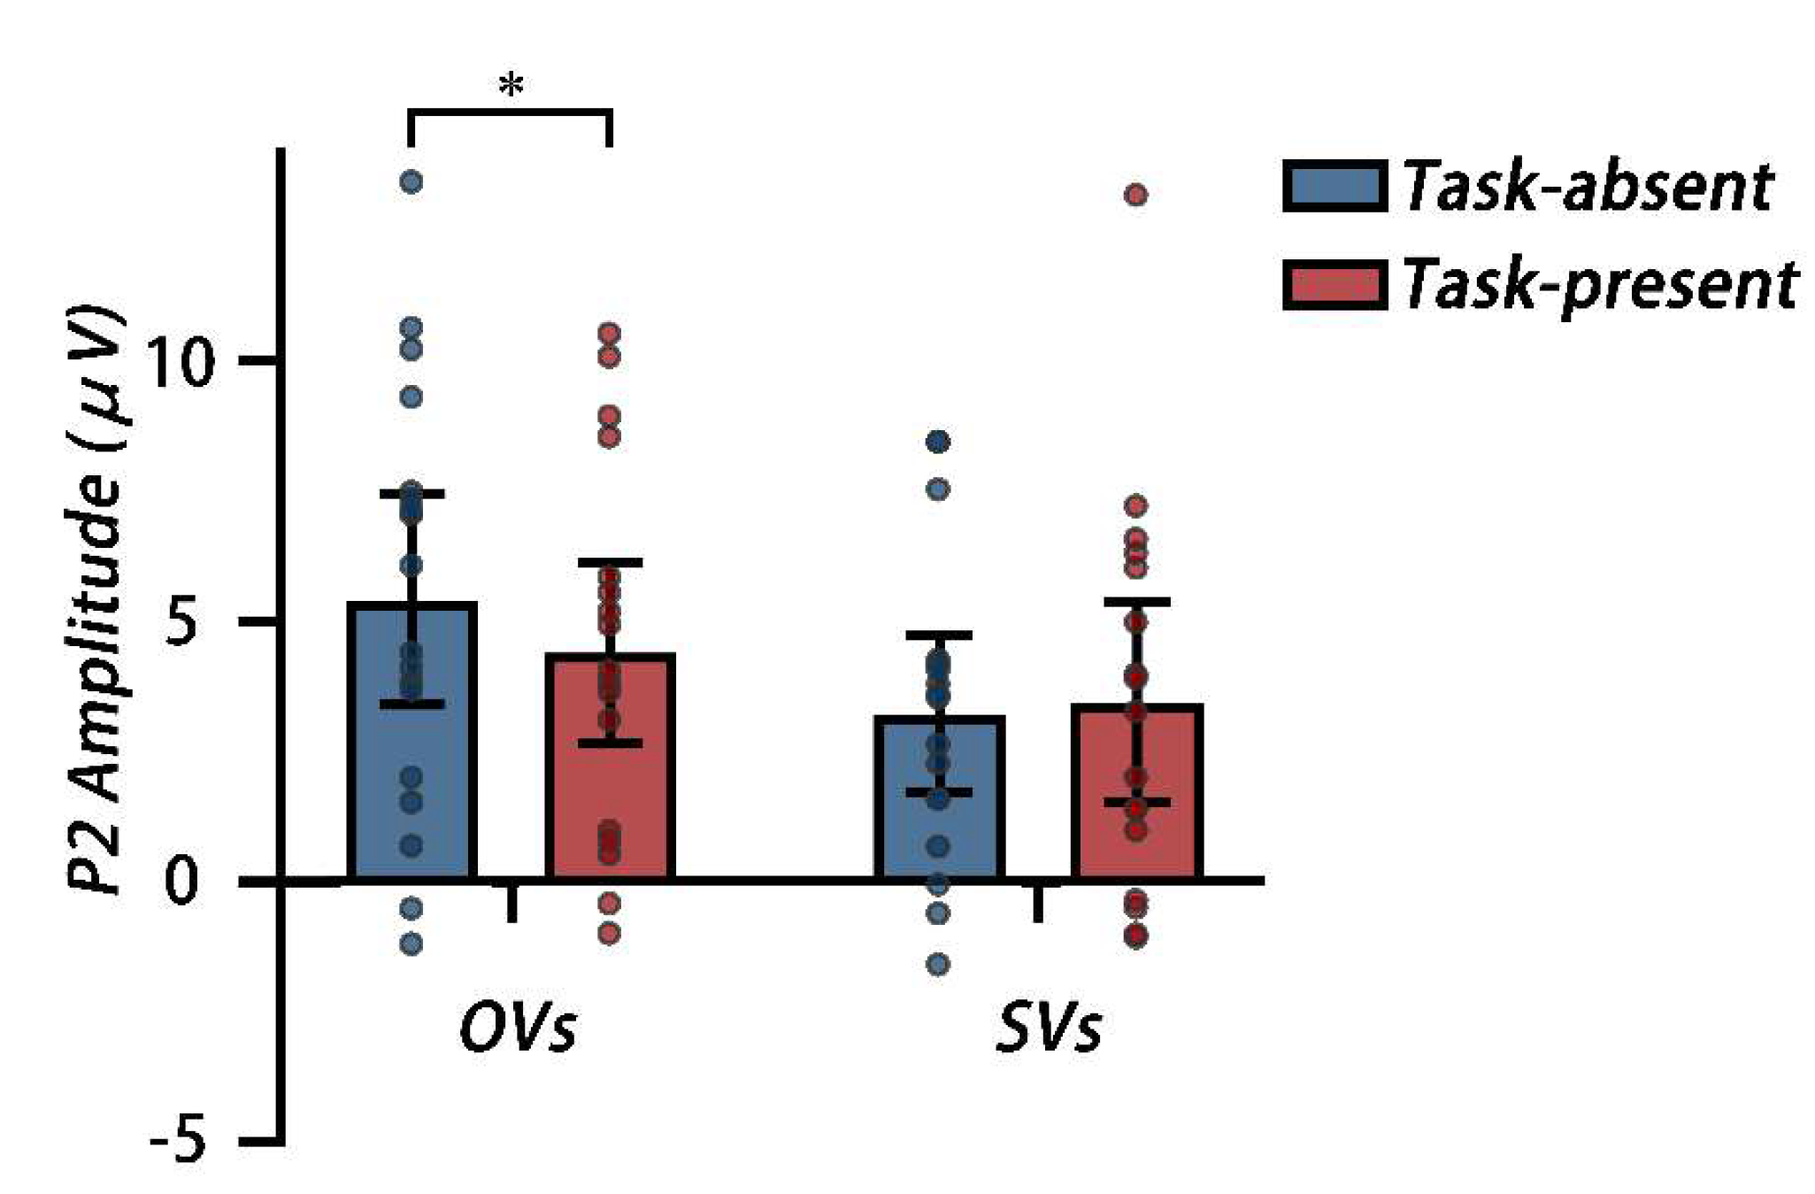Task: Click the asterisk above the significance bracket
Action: point(511,87)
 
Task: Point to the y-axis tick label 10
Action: point(181,362)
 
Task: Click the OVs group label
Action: point(518,1028)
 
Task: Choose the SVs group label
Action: point(1049,1028)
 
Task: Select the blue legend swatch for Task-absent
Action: point(1334,186)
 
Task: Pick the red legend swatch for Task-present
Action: point(1334,285)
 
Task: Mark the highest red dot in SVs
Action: point(1136,195)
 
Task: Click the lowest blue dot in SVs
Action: point(938,964)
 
